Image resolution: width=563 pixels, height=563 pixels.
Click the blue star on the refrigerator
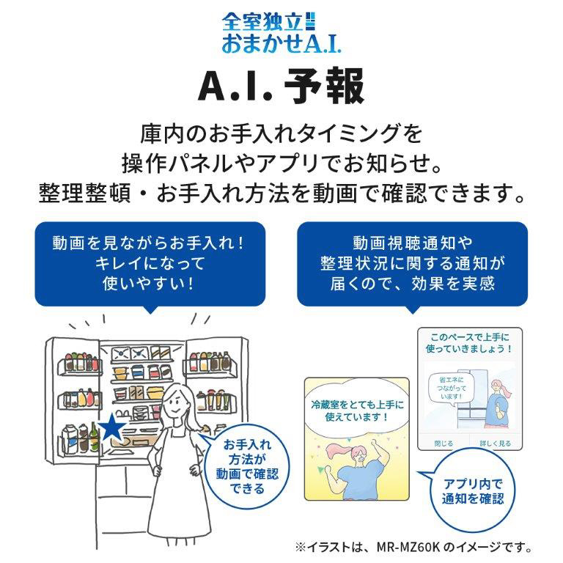[111, 427]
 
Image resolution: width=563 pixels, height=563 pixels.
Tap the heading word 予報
[325, 87]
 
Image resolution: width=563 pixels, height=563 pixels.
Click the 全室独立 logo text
[263, 22]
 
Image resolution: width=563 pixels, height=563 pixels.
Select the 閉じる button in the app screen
[444, 444]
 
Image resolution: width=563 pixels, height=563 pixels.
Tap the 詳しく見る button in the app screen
[495, 444]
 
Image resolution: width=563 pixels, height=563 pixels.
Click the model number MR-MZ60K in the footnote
[408, 547]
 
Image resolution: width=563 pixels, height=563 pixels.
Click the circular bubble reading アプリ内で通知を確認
[473, 490]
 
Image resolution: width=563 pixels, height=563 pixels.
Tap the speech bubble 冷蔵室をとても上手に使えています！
[357, 411]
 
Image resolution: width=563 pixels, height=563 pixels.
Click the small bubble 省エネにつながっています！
[451, 389]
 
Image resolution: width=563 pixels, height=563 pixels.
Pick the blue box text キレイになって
[150, 264]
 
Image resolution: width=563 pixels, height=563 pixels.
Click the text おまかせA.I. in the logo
[281, 43]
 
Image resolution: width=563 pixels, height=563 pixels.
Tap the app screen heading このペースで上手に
[470, 337]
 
